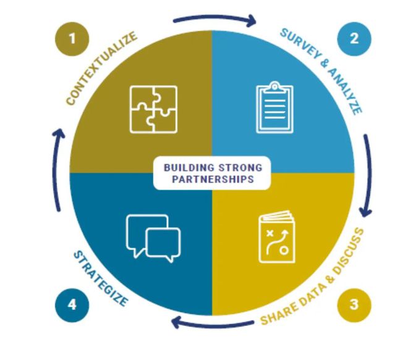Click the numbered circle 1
click(x=72, y=39)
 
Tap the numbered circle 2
click(x=354, y=38)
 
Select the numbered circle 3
click(x=354, y=305)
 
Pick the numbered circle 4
click(x=72, y=305)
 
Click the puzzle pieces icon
click(x=153, y=109)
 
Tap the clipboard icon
click(x=274, y=108)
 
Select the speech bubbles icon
click(x=153, y=236)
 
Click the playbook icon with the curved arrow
click(x=276, y=237)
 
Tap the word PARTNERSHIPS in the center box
click(x=212, y=180)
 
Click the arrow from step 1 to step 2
click(x=213, y=19)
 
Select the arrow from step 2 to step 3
click(x=368, y=173)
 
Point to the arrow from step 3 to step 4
click(x=211, y=323)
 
